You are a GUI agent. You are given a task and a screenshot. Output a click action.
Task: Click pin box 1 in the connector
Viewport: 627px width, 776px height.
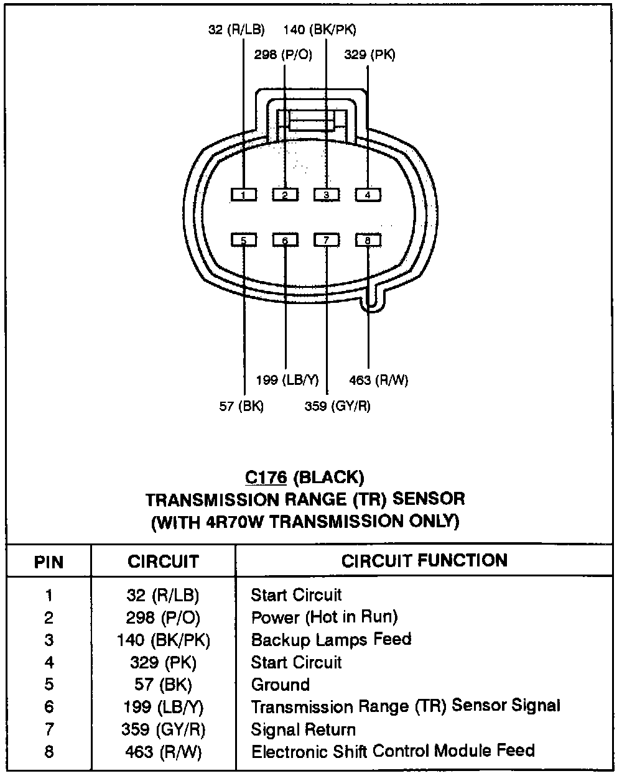[x=244, y=195]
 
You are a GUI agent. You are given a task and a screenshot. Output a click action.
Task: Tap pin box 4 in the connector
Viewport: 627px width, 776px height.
[x=368, y=195]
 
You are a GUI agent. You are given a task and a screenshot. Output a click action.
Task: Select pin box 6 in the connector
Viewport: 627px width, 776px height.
[x=285, y=241]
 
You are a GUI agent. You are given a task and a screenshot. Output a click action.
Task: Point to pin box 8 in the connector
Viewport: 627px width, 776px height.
[x=368, y=241]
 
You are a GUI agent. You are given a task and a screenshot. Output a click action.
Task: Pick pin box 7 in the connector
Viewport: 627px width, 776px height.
[x=327, y=241]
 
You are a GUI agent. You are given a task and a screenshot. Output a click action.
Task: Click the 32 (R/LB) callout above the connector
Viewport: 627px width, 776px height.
[x=236, y=29]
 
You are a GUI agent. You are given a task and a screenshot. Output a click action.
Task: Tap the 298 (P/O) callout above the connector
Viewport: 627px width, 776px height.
[x=283, y=55]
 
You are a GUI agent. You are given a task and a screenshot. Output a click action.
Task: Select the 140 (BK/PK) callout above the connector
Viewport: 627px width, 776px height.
[x=320, y=29]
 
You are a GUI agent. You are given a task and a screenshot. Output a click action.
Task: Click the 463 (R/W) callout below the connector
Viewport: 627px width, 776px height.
[x=379, y=380]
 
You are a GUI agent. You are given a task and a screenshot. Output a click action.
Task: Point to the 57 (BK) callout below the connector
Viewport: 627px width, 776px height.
[x=241, y=406]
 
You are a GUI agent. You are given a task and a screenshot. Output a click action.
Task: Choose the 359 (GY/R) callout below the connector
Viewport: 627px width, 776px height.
[x=338, y=406]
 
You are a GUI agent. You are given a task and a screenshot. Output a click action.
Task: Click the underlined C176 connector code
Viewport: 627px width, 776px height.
[x=266, y=478]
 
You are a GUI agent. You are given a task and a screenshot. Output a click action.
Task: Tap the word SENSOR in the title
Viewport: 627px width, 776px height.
[x=429, y=499]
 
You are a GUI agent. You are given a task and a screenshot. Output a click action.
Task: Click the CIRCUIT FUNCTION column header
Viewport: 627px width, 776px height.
[x=424, y=560]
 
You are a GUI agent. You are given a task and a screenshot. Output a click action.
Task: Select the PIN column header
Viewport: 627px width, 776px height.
[x=49, y=562]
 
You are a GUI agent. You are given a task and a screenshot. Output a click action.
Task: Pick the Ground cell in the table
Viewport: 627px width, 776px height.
[x=280, y=685]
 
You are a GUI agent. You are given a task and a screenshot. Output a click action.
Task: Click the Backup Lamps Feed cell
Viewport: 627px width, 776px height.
[x=331, y=640]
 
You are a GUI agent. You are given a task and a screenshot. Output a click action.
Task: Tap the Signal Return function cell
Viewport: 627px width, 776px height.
[x=304, y=729]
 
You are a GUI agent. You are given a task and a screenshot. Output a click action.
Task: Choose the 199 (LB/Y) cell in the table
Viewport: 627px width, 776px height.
[x=163, y=707]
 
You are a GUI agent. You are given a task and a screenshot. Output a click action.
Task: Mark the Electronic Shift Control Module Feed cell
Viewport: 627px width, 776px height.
[x=392, y=751]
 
